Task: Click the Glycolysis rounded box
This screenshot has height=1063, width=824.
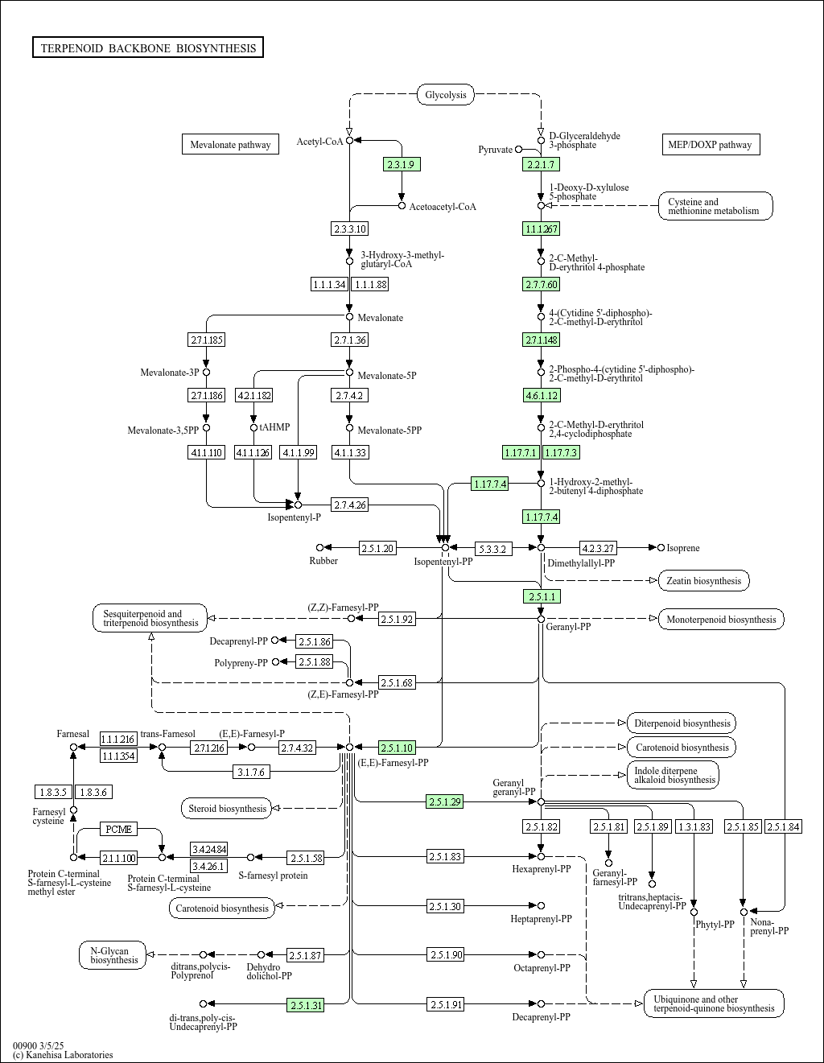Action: click(x=445, y=95)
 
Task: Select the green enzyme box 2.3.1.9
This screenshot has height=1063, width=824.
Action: click(x=401, y=164)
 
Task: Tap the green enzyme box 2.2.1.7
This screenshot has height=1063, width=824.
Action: click(x=540, y=164)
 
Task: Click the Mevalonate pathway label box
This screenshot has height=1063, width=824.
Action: click(x=230, y=145)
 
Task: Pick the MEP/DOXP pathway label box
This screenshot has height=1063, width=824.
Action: click(x=710, y=145)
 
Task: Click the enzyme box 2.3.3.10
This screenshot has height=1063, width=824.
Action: click(x=349, y=229)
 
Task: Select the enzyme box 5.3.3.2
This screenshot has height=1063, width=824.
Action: click(x=492, y=549)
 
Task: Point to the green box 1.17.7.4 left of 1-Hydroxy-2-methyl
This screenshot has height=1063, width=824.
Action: click(x=490, y=484)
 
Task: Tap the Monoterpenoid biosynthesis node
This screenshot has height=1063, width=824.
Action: click(x=721, y=619)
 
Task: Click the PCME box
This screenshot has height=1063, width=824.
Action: click(x=119, y=829)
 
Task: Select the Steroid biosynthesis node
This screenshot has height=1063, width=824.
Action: click(x=227, y=808)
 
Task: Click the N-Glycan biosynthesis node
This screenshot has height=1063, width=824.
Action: click(x=113, y=955)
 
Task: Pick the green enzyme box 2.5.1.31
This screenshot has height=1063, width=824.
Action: click(x=306, y=1004)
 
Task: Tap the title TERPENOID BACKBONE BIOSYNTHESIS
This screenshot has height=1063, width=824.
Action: click(x=148, y=48)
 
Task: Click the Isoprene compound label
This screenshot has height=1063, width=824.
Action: click(x=683, y=548)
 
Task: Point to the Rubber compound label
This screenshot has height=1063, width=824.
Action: click(x=323, y=560)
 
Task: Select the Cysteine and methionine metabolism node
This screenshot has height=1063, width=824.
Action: click(x=715, y=206)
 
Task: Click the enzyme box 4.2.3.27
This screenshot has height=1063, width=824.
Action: click(x=598, y=548)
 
